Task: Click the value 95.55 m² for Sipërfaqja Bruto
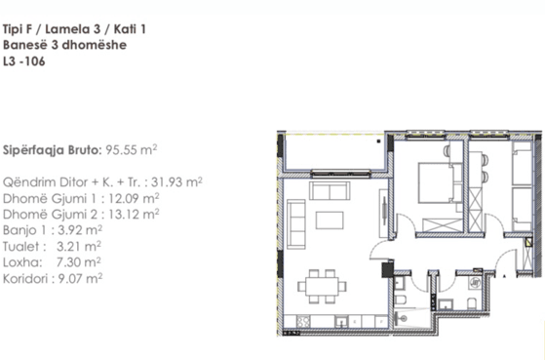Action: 132,150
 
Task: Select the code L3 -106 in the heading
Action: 24,61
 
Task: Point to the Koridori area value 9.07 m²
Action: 80,279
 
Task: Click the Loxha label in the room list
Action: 22,262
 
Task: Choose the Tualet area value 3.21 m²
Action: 79,246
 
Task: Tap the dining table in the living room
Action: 322,286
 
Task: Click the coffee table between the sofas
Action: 330,220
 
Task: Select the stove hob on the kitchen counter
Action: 304,321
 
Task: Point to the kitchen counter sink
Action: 341,321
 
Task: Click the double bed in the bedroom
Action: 436,182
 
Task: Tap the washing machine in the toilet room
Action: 476,282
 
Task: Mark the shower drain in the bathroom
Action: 404,318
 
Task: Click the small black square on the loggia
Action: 378,141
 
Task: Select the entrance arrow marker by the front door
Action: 505,276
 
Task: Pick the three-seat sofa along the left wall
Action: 296,224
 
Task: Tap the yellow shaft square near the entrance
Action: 528,242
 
